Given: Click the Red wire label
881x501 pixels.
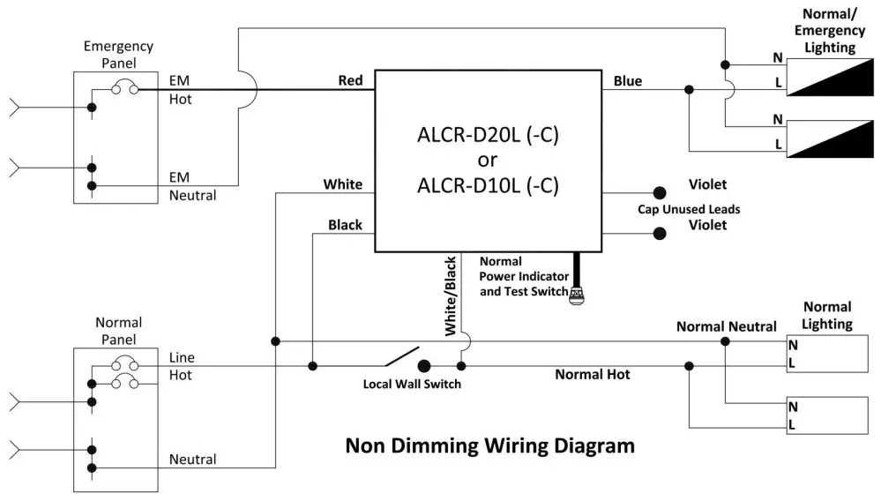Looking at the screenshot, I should (350, 81).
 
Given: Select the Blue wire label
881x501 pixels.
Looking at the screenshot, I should (628, 81).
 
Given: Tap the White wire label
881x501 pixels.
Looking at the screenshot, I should (342, 184).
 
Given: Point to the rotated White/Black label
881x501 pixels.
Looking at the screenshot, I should (450, 295).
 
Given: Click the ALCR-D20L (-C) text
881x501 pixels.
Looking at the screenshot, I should (488, 137).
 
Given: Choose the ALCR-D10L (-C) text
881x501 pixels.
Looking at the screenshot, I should (488, 186).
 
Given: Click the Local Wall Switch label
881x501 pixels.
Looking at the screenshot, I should (412, 385).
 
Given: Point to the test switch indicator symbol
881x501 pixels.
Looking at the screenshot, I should (578, 295).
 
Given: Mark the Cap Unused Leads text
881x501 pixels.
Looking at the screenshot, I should (689, 209).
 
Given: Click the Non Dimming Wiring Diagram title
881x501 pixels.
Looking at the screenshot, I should (489, 445).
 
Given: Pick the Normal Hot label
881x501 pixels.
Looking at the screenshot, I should (592, 375).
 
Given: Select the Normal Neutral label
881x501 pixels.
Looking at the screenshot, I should (726, 327).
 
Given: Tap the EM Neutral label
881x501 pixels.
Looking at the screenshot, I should (192, 186).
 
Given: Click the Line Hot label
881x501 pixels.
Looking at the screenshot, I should (182, 366).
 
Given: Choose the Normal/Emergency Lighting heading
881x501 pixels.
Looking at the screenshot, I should (828, 31).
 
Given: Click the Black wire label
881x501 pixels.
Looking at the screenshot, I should (345, 225).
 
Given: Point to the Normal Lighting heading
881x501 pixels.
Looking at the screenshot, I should (826, 315).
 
